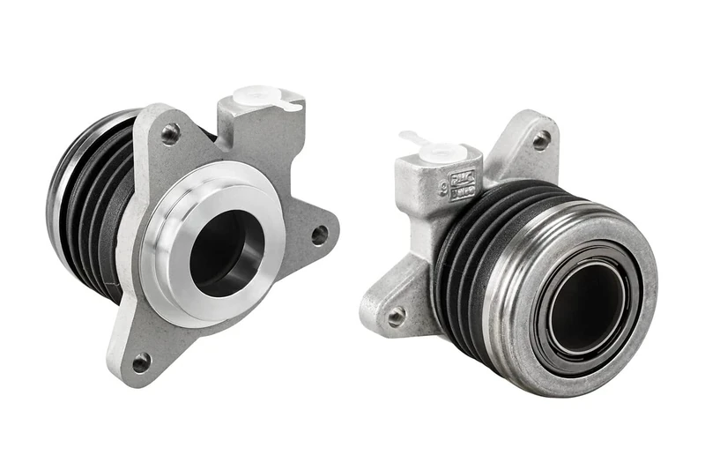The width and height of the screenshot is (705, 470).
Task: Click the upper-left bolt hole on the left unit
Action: (170, 134)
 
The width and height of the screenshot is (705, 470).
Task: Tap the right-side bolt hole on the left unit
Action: (319, 235)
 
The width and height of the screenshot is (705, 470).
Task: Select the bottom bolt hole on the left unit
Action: (141, 362)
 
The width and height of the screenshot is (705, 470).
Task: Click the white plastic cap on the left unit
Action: (261, 97)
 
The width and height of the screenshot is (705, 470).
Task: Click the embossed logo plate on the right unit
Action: (463, 184)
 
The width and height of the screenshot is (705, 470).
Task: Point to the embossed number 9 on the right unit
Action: (429, 205)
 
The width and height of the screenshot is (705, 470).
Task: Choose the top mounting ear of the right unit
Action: (533, 145)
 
